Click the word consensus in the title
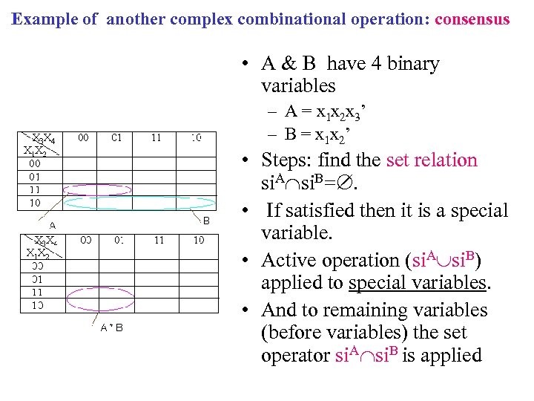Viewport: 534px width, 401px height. [472, 19]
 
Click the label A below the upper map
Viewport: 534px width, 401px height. [52, 224]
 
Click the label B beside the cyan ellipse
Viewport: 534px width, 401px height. [207, 220]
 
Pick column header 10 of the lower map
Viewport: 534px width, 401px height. [199, 240]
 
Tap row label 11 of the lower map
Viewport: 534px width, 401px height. [36, 291]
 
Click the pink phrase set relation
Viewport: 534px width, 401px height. [432, 160]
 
